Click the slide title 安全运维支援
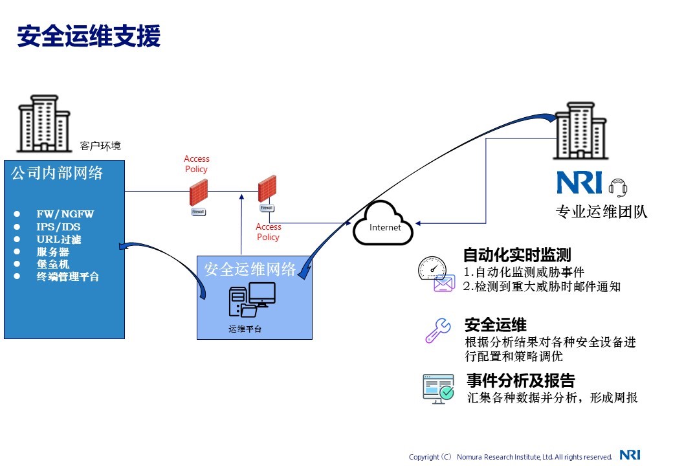tap(89, 37)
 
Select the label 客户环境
tap(100, 146)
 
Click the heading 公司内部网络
tap(57, 173)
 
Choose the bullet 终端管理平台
tap(68, 276)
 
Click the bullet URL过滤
tap(59, 239)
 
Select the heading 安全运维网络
tap(250, 269)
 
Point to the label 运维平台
tap(245, 329)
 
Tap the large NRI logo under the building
tap(579, 182)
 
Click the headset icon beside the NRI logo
tap(618, 187)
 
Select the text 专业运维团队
tap(601, 212)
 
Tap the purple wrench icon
tap(438, 330)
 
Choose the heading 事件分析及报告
tap(520, 380)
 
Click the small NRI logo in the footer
tap(630, 455)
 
